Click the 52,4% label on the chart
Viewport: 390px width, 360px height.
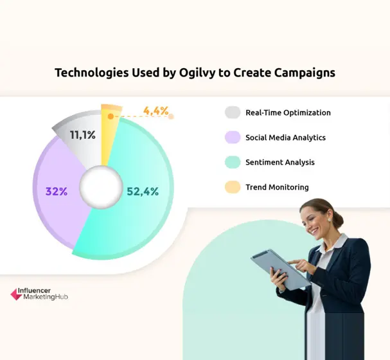pyautogui.click(x=142, y=191)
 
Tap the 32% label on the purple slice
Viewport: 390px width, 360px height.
pyautogui.click(x=57, y=191)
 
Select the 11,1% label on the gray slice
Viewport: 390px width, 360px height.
pyautogui.click(x=84, y=135)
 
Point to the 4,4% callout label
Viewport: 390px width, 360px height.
pyautogui.click(x=156, y=111)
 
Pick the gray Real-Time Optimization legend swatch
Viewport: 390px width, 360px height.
pyautogui.click(x=233, y=113)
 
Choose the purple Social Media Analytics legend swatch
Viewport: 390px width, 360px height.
pyautogui.click(x=233, y=138)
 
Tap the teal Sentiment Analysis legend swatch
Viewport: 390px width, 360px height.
pyautogui.click(x=233, y=163)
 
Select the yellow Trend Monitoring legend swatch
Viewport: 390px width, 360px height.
pyautogui.click(x=233, y=187)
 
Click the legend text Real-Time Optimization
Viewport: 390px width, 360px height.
pyautogui.click(x=288, y=113)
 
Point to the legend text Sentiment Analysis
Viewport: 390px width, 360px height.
pyautogui.click(x=280, y=163)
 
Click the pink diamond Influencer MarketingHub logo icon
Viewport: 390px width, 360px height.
pyautogui.click(x=16, y=294)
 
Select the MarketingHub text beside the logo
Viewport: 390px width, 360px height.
pyautogui.click(x=45, y=298)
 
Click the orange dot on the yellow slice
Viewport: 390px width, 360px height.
pyautogui.click(x=111, y=116)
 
